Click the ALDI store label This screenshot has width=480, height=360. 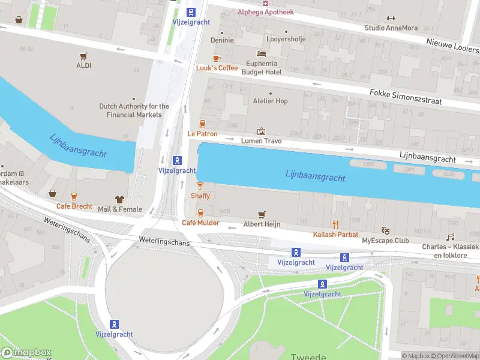tap(83, 65)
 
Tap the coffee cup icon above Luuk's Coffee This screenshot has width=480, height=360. tap(217, 58)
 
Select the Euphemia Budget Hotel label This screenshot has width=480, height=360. tap(261, 68)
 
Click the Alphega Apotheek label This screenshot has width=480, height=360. tap(266, 12)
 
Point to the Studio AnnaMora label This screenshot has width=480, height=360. tap(391, 28)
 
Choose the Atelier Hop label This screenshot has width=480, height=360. tap(270, 101)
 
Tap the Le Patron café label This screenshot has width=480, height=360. tap(202, 134)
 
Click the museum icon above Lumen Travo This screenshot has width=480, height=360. tap(261, 131)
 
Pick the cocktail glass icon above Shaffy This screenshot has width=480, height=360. tap(200, 186)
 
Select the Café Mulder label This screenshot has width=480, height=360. tap(200, 223)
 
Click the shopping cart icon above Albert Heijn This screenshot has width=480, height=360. tap(261, 214)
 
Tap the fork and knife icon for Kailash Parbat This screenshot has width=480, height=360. tap(335, 224)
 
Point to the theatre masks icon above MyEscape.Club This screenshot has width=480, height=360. tap(386, 230)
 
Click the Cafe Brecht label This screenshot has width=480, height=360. tap(74, 206)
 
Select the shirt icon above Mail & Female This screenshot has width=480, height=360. tap(120, 199)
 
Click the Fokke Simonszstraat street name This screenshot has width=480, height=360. tap(406, 97)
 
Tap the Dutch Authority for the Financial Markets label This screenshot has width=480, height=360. tap(134, 110)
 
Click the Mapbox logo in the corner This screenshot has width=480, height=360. tap(26, 353)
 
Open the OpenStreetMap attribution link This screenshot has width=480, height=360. tap(454, 356)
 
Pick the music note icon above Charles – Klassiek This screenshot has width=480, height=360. tap(451, 237)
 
